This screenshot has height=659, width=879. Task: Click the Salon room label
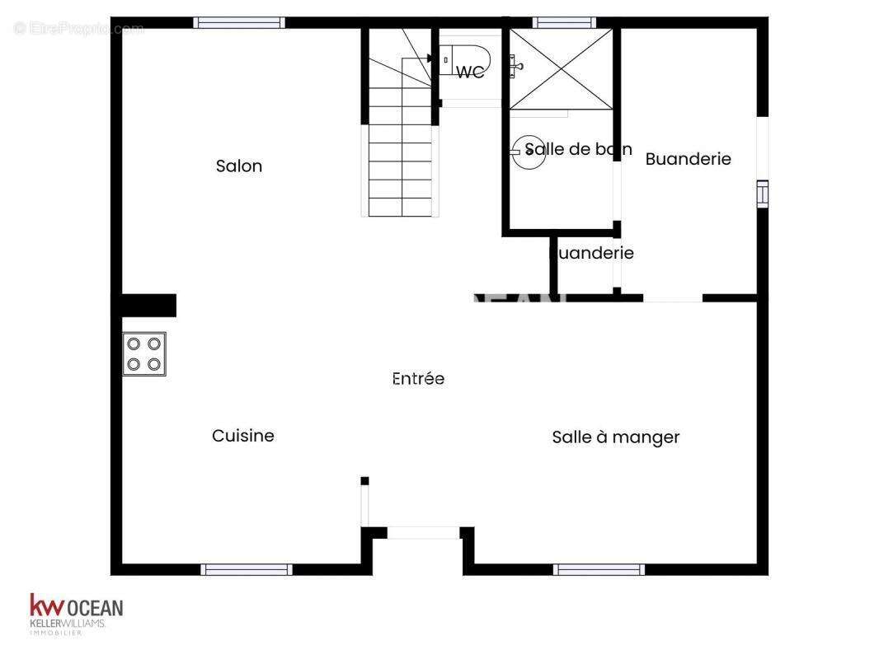239,166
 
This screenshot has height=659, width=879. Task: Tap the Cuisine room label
243,436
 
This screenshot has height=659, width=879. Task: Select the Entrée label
418,379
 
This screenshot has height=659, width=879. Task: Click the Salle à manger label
615,437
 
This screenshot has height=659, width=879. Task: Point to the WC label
470,72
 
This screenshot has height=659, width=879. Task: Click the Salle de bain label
579,149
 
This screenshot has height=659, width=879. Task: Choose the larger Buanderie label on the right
688,159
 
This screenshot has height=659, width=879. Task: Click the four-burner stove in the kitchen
144,353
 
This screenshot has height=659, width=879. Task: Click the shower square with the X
562,68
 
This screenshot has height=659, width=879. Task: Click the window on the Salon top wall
239,22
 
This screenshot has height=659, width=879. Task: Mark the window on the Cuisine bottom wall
247,569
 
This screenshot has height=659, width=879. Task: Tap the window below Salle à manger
599,569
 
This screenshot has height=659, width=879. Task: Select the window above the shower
564,22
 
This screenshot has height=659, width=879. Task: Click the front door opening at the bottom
423,533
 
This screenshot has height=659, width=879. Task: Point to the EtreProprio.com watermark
78,29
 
